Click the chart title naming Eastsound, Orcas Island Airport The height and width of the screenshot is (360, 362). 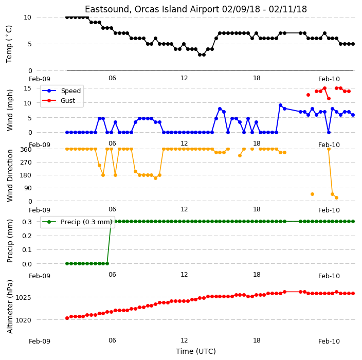tap(196, 9)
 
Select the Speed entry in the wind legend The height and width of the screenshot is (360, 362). tap(61, 91)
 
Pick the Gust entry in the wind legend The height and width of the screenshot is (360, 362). tap(59, 100)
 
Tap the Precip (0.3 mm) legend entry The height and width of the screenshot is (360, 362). tap(77, 222)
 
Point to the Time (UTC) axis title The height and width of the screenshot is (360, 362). tap(196, 351)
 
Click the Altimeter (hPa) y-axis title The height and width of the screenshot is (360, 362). tap(10, 307)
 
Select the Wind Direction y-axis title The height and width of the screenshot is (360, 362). tap(10, 176)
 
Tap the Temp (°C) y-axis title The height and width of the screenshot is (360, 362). tap(9, 44)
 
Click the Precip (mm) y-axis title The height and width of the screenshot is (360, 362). tap(10, 241)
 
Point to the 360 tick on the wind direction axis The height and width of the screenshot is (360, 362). tap(26, 150)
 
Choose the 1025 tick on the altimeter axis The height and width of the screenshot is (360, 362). tap(23, 297)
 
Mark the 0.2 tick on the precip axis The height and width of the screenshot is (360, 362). tap(27, 236)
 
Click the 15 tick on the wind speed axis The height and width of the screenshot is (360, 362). tap(27, 88)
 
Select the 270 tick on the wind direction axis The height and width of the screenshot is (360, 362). tap(26, 163)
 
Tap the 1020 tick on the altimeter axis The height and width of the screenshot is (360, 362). tap(23, 320)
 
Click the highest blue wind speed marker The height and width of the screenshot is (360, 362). tap(281, 105)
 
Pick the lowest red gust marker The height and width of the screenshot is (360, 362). tap(329, 99)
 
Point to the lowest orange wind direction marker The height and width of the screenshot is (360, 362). tap(336, 197)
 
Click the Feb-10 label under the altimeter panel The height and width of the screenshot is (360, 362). tap(329, 341)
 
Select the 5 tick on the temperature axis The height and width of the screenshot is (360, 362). tap(29, 44)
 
